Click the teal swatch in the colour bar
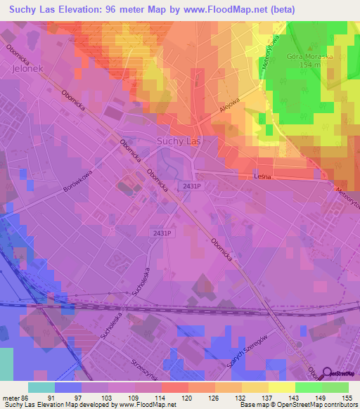[41, 387]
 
